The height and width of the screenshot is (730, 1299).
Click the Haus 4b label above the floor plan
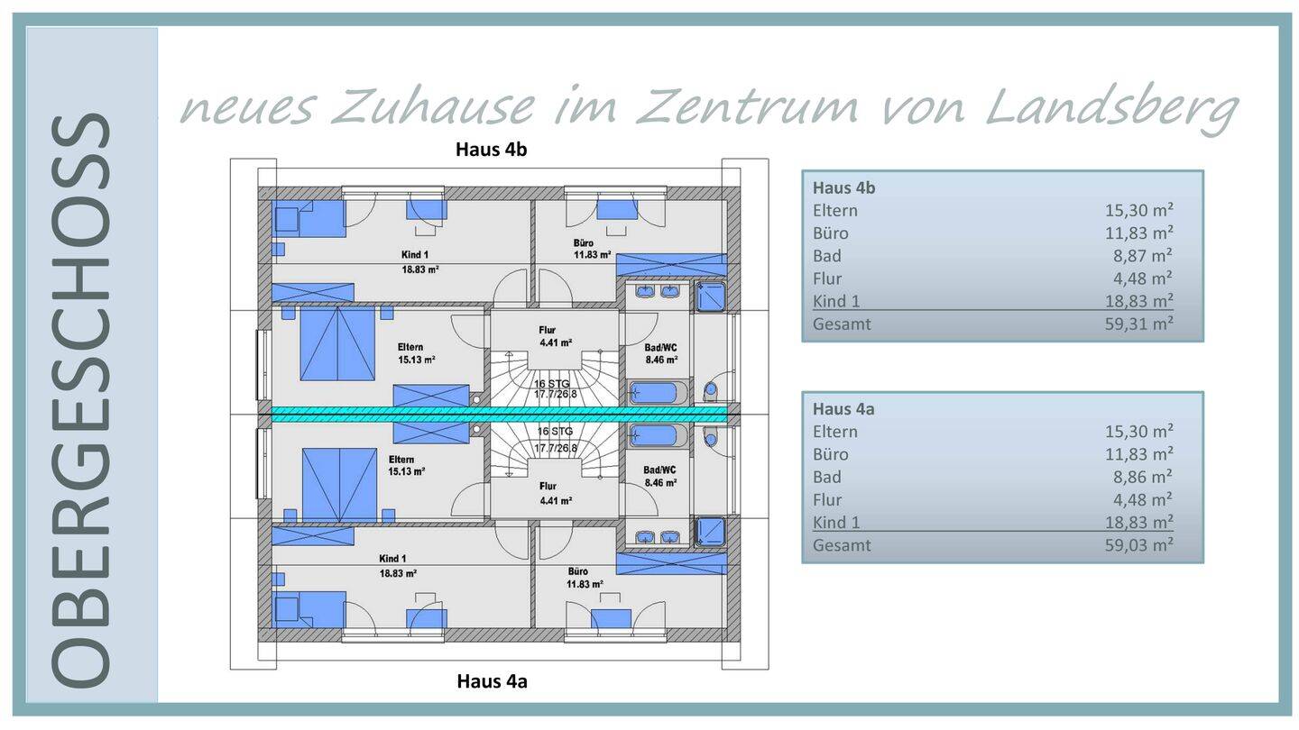[491, 150]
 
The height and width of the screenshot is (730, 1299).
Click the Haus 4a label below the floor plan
[492, 681]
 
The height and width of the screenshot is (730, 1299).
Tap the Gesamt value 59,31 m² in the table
[1138, 324]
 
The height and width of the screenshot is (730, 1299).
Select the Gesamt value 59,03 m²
[1138, 544]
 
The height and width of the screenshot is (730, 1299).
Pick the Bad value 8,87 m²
[1142, 256]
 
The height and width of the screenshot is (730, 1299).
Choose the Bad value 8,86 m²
[1142, 477]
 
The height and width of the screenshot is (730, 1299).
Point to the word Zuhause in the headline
[433, 106]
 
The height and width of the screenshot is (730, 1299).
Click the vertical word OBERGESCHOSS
[81, 401]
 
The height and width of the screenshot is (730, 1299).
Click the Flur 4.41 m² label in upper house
[554, 336]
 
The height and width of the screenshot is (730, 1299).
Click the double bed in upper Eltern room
[337, 343]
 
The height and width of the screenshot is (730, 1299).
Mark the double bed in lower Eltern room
[339, 484]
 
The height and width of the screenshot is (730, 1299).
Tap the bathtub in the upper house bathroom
[655, 393]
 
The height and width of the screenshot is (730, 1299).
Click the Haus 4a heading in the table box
[843, 408]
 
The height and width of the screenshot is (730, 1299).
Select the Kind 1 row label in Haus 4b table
[835, 301]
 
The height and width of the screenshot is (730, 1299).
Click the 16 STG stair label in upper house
[554, 383]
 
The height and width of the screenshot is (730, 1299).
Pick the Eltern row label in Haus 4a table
[834, 432]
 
